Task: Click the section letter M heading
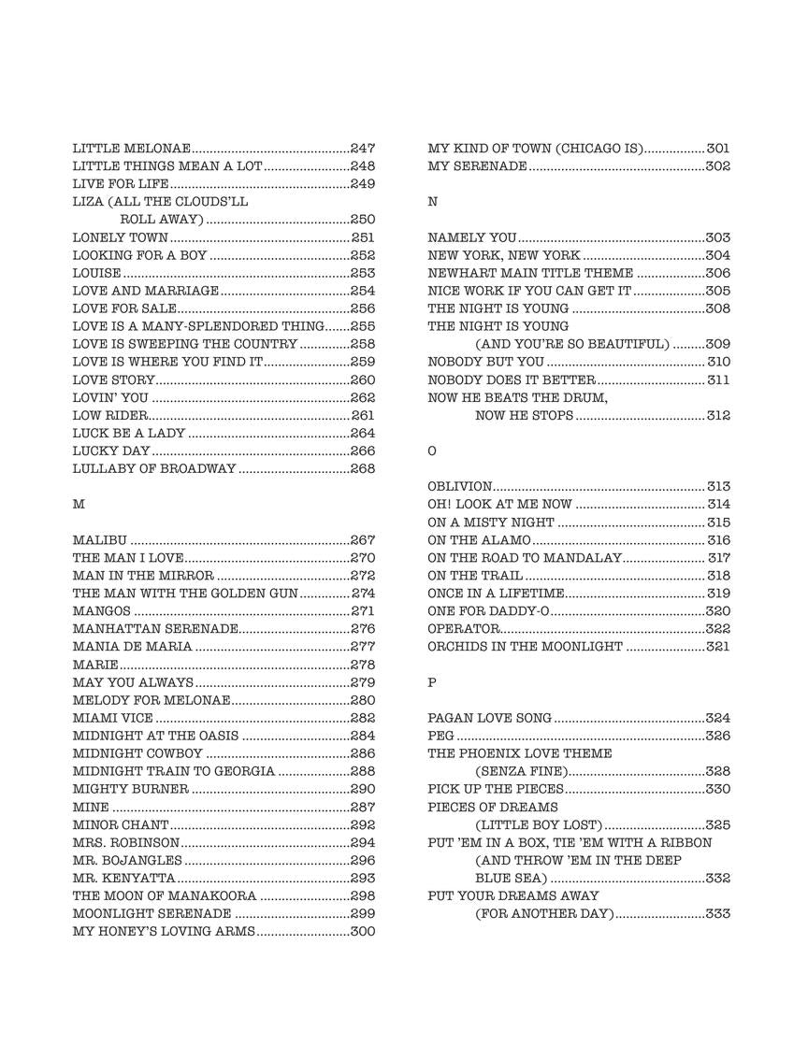tap(79, 504)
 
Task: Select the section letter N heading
tap(432, 202)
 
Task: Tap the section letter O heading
tap(432, 451)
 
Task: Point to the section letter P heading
tap(432, 683)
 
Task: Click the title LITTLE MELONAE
tap(132, 149)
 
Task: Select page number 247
tap(363, 149)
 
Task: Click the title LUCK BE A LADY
tap(129, 434)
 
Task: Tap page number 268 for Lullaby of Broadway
tap(363, 469)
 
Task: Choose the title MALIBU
tap(100, 540)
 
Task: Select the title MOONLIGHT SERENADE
tap(151, 914)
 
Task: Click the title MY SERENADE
tap(477, 166)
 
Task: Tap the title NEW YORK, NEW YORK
tap(504, 256)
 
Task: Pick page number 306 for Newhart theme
tap(718, 274)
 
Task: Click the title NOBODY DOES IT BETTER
tap(512, 380)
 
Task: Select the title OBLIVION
tap(459, 487)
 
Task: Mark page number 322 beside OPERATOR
tap(718, 629)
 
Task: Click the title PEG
tap(440, 737)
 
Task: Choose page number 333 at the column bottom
tap(718, 914)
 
